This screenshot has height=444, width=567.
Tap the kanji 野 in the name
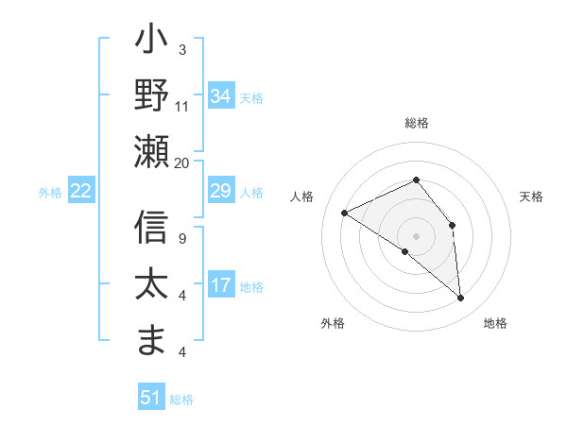[151, 97]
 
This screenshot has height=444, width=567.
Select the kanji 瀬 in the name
[151, 151]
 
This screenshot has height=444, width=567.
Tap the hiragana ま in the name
[151, 341]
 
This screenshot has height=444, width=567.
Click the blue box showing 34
[221, 96]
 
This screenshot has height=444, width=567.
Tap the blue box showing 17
[221, 285]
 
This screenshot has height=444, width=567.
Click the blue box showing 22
[80, 192]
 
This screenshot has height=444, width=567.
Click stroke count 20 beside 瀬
[182, 162]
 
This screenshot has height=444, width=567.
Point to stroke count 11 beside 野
[182, 106]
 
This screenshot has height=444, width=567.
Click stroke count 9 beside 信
[182, 239]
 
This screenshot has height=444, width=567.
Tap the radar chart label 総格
[416, 123]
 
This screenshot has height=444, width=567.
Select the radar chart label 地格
[495, 324]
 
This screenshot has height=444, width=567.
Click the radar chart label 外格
[333, 324]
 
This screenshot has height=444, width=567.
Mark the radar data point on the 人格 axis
[345, 213]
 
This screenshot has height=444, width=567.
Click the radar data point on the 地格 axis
[461, 299]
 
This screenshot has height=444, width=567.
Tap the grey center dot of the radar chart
[416, 235]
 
